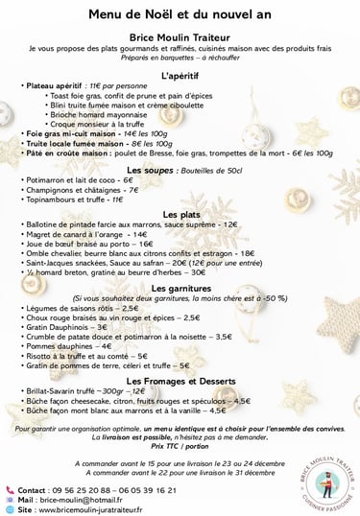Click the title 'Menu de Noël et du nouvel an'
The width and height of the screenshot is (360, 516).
pyautogui.click(x=180, y=12)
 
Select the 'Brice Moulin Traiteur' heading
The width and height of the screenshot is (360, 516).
pyautogui.click(x=180, y=33)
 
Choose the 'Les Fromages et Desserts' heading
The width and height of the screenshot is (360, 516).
pyautogui.click(x=180, y=382)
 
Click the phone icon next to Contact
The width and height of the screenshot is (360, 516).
pyautogui.click(x=10, y=490)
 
